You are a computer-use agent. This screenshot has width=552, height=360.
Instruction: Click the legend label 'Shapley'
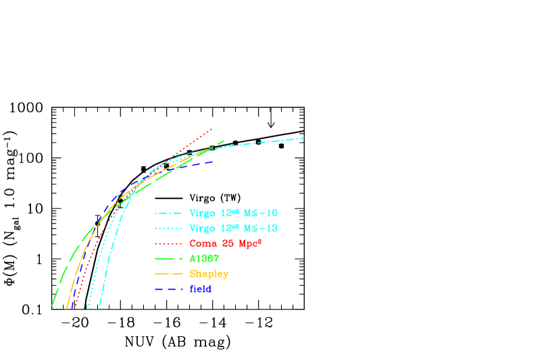pos(209,274)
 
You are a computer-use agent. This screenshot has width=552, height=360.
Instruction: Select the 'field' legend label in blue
pos(200,290)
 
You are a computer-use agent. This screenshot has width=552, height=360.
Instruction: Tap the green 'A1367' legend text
pos(204,259)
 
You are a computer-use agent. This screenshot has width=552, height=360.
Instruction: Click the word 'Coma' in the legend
pos(203,244)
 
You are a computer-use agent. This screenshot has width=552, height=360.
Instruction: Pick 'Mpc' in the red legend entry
pos(248,244)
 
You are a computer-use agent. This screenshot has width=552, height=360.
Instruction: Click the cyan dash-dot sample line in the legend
pos(168,213)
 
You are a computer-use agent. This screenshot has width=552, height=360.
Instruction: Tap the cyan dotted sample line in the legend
pos(168,228)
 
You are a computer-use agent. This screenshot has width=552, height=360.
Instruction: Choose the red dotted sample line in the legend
pos(168,243)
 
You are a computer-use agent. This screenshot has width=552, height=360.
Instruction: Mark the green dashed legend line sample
pos(168,259)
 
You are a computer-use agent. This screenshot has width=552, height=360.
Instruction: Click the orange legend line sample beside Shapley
pos(168,274)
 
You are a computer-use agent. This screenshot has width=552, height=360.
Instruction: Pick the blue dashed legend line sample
pos(168,290)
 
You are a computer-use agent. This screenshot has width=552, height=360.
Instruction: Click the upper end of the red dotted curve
pos(212,128)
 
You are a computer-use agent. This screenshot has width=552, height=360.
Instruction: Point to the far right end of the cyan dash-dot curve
pos(303,138)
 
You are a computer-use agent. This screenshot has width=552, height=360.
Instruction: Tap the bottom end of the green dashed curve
pos(52,305)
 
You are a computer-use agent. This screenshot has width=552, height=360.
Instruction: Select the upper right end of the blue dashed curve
pos(213,161)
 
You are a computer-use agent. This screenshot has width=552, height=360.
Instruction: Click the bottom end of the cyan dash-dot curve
pos(99,309)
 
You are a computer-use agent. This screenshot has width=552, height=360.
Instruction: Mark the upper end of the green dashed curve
pos(224,140)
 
